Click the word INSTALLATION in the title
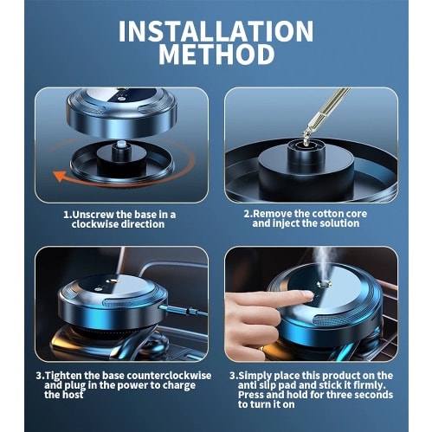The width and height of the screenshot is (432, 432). tap(216, 31)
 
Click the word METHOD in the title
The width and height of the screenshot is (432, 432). tap(216, 55)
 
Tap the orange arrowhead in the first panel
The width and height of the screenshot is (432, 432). tap(60, 176)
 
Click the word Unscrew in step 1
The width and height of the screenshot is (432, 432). tap(93, 215)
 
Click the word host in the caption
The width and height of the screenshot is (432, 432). tap(72, 395)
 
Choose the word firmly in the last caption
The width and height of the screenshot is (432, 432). tap(370, 385)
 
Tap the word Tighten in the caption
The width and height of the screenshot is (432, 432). tap(63, 376)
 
